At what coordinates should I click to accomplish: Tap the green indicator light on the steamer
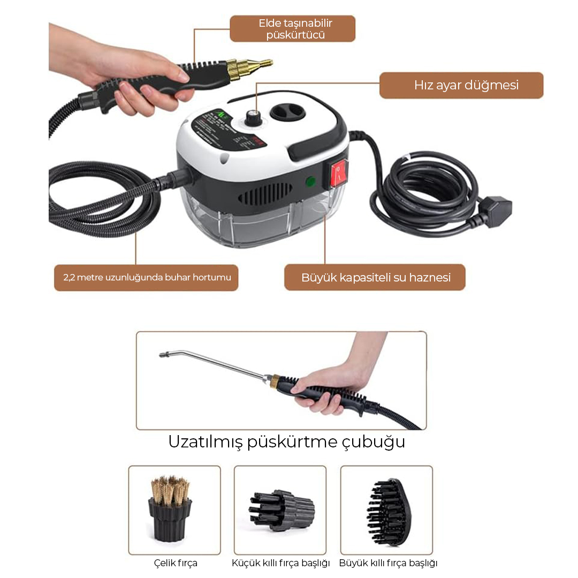pos(311,181)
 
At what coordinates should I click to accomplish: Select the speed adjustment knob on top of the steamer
pos(252,118)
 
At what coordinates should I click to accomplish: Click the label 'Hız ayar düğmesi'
pos(466,85)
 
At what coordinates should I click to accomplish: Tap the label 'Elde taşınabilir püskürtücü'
pos(295,29)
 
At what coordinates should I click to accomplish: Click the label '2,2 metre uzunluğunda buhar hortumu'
pos(147,277)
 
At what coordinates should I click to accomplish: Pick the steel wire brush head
pos(170,509)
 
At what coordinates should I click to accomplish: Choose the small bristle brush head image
pos(282,510)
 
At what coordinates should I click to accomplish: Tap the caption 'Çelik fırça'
pos(176,563)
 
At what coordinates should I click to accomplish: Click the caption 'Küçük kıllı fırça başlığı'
pos(280,563)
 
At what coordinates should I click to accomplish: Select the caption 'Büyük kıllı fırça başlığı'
pos(388,563)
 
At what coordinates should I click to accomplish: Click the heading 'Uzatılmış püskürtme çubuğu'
pos(286,442)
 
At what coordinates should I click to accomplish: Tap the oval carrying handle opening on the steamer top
pos(288,112)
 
